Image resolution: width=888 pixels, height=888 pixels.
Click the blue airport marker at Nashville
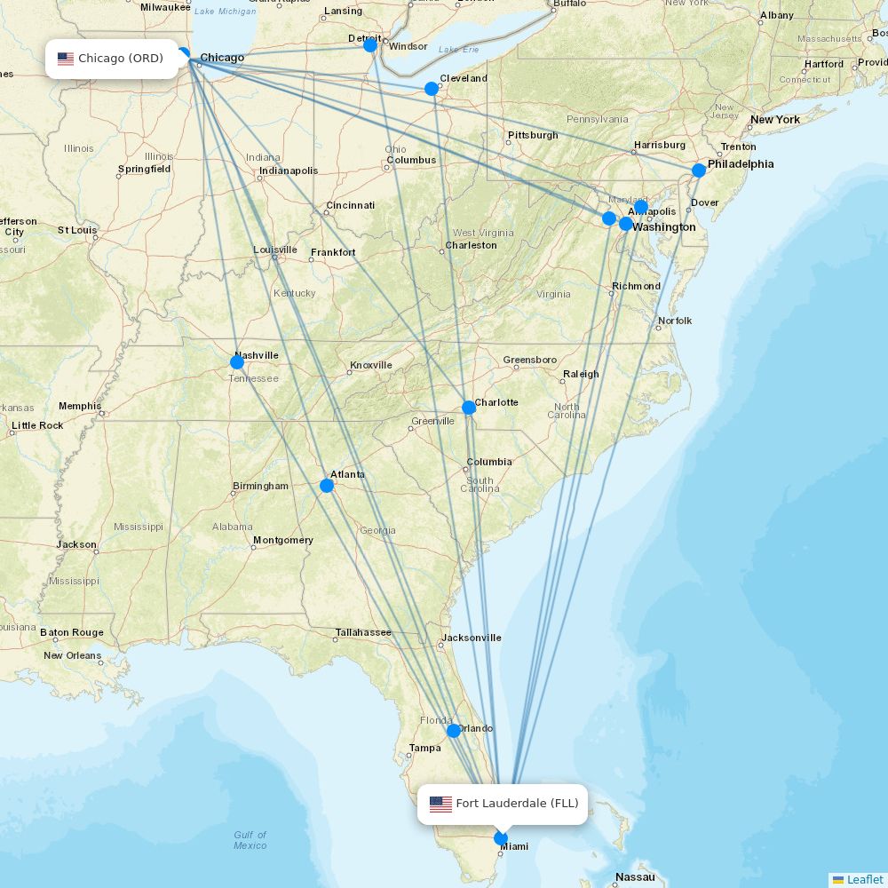pyautogui.click(x=237, y=362)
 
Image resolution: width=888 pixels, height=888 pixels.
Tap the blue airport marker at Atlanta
pyautogui.click(x=327, y=486)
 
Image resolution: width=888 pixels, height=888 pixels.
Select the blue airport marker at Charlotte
pyautogui.click(x=469, y=408)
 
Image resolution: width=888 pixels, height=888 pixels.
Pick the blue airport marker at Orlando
pyautogui.click(x=454, y=731)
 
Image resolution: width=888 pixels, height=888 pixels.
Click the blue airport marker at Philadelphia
pyautogui.click(x=699, y=170)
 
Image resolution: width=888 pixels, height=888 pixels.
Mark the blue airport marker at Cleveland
pyautogui.click(x=432, y=89)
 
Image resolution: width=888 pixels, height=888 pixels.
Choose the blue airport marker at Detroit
pyautogui.click(x=370, y=45)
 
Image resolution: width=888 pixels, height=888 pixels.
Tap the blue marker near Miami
pyautogui.click(x=501, y=838)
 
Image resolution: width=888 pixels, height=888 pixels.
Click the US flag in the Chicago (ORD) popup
pyautogui.click(x=66, y=59)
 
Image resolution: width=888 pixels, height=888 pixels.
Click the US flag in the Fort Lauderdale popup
pyautogui.click(x=440, y=805)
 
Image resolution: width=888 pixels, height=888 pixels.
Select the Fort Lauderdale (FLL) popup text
pyautogui.click(x=517, y=804)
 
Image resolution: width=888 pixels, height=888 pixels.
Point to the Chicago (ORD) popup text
pyautogui.click(x=121, y=59)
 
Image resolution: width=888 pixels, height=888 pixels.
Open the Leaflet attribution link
pyautogui.click(x=864, y=879)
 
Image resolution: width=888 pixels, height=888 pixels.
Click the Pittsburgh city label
pyautogui.click(x=533, y=135)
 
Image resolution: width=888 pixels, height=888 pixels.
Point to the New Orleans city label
pyautogui.click(x=73, y=655)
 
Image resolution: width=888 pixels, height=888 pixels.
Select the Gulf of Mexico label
pyautogui.click(x=250, y=840)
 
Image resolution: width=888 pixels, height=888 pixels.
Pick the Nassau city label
pyautogui.click(x=635, y=877)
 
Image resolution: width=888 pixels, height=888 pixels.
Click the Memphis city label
pyautogui.click(x=80, y=406)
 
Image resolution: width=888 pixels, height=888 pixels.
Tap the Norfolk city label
pyautogui.click(x=675, y=321)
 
